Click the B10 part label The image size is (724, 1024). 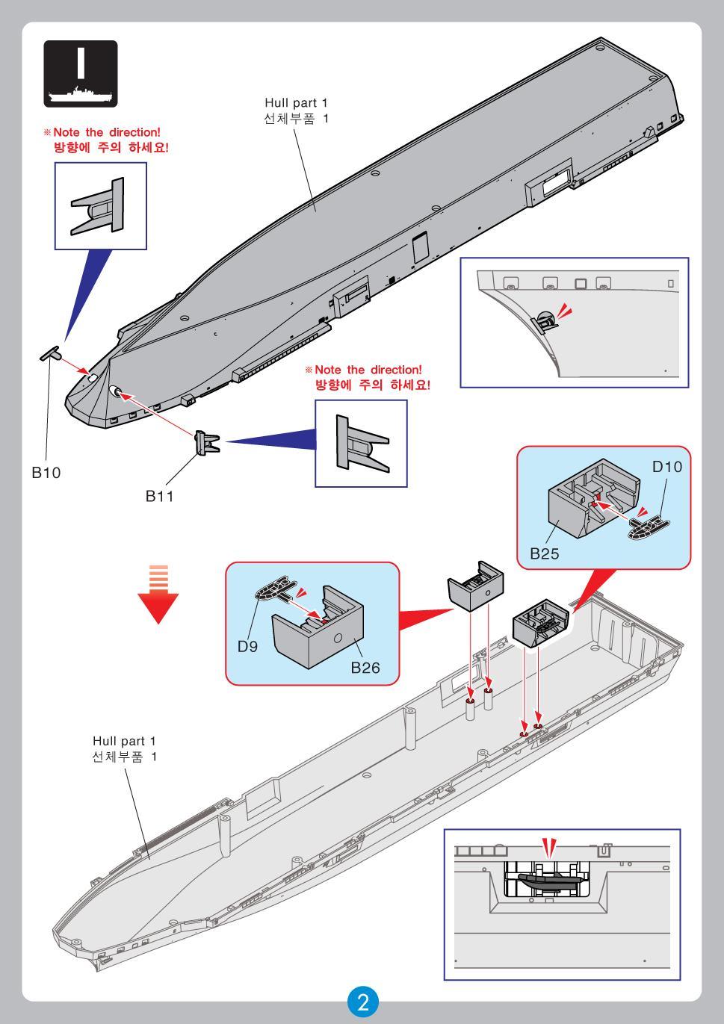(x=46, y=472)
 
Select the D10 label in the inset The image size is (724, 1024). (x=666, y=467)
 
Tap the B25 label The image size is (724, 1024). (x=545, y=553)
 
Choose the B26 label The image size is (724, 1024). (x=365, y=667)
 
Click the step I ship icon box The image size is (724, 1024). (x=81, y=73)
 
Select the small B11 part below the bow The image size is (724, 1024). (x=206, y=442)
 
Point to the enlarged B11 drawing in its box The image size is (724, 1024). (x=362, y=444)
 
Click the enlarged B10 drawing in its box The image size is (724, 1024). (x=100, y=205)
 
